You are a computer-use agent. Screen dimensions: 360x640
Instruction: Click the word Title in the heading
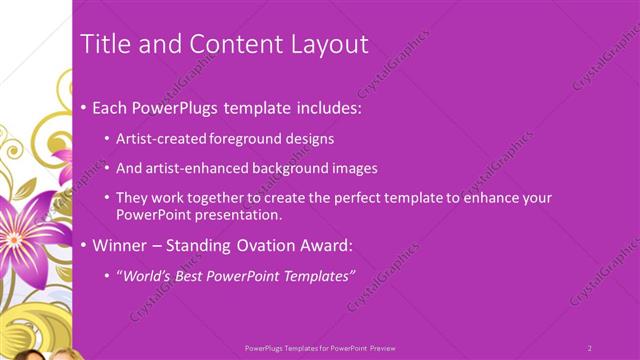(102, 44)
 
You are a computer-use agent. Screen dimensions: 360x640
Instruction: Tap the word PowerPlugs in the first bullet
(182, 107)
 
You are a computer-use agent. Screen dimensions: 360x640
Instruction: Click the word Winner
(120, 245)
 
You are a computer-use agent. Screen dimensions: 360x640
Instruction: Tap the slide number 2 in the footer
(589, 347)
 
